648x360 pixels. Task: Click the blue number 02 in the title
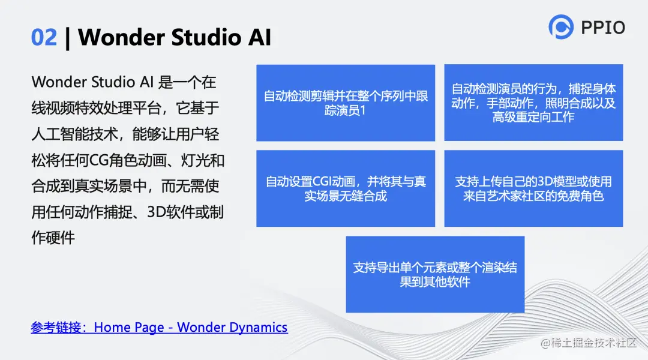[x=44, y=37]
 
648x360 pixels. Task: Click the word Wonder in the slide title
[x=121, y=37]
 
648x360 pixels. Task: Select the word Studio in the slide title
[x=206, y=37]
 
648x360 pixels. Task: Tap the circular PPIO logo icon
[x=561, y=27]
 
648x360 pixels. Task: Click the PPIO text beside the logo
[x=603, y=28]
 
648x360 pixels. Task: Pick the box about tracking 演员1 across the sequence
[x=346, y=103]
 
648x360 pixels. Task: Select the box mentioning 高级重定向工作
[x=533, y=103]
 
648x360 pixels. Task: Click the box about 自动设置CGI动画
[x=346, y=188]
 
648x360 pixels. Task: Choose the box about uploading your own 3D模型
[x=533, y=188]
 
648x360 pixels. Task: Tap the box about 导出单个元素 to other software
[x=435, y=274]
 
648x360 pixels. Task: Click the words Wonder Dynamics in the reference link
[x=232, y=328]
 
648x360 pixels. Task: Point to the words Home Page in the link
[x=129, y=328]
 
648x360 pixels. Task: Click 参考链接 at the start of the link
[x=56, y=328]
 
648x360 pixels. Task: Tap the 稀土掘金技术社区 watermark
[x=589, y=343]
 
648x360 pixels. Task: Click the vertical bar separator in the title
[x=67, y=38]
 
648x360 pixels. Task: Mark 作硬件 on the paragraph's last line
[x=53, y=238]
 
